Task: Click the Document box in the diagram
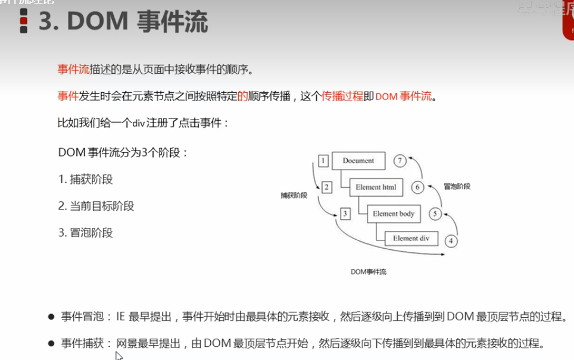[x=358, y=161]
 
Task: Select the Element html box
[x=376, y=187]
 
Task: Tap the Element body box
[x=393, y=213]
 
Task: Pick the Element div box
[x=410, y=239]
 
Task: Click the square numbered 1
[x=323, y=161]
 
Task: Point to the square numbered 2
[x=326, y=187]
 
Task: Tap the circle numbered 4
[x=451, y=240]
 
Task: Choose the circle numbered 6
[x=417, y=187]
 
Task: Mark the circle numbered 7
[x=400, y=161]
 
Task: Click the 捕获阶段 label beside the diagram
[x=294, y=195]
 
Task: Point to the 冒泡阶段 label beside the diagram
[x=457, y=186]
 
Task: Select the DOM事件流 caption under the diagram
[x=369, y=272]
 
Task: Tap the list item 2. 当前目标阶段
[x=96, y=206]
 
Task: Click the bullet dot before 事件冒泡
[x=51, y=317]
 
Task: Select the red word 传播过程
[x=342, y=96]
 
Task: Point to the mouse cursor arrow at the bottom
[x=118, y=355]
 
